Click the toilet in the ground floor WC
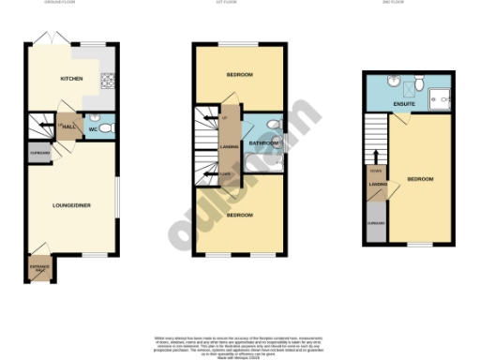[106, 126]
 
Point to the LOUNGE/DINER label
[71, 205]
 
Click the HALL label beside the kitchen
[68, 127]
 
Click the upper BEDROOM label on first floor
[240, 74]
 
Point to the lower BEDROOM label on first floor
[240, 215]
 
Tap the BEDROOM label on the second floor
[420, 179]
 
